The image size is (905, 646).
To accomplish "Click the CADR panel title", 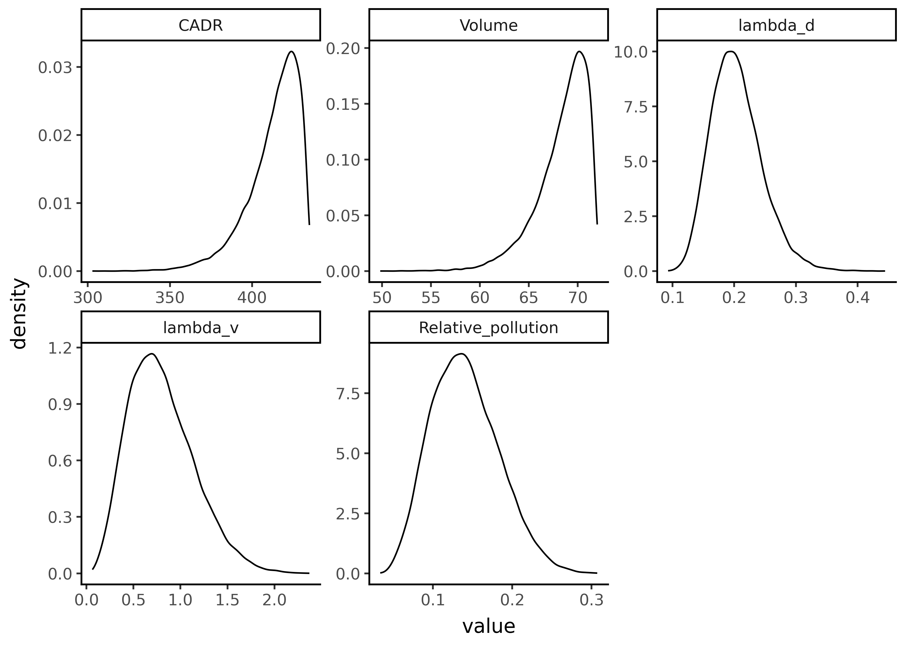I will point(201,25).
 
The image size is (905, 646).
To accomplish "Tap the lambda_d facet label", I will point(776,25).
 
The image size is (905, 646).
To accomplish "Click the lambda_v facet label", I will point(201,328).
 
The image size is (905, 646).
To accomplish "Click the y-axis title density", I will point(19,314).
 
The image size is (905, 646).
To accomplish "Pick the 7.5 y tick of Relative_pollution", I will point(347,393).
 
